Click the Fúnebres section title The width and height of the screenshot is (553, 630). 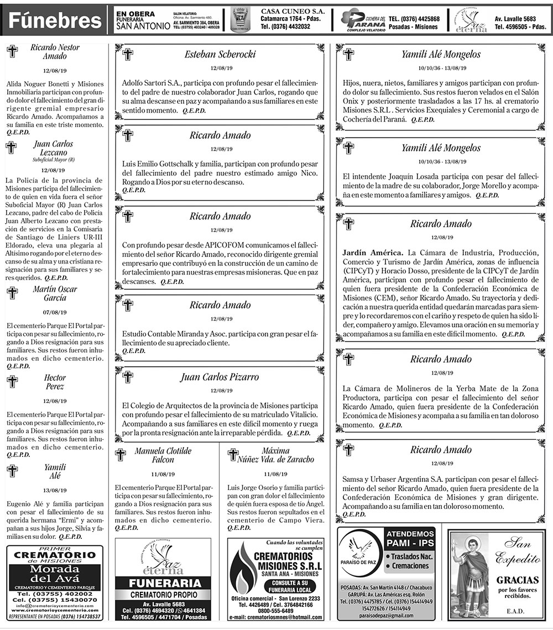pyautogui.click(x=55, y=21)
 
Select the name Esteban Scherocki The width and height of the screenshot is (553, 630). pyautogui.click(x=220, y=54)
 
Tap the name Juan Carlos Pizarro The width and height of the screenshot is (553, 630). pyautogui.click(x=220, y=377)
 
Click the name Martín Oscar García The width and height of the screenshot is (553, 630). pyautogui.click(x=55, y=293)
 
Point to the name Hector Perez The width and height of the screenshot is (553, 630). pyautogui.click(x=55, y=382)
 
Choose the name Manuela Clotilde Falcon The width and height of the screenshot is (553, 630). pyautogui.click(x=163, y=455)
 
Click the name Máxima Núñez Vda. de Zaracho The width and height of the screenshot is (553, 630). pyautogui.click(x=275, y=455)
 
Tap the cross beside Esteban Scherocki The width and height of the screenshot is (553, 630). pyautogui.click(x=127, y=55)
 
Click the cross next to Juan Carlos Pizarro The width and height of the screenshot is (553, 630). pyautogui.click(x=127, y=377)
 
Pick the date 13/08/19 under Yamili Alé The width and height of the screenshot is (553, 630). pyautogui.click(x=55, y=490)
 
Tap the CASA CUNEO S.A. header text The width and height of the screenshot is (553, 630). pyautogui.click(x=293, y=11)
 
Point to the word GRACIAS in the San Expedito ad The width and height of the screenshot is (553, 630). pyautogui.click(x=518, y=580)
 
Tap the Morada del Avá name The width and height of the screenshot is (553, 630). pyautogui.click(x=55, y=575)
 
